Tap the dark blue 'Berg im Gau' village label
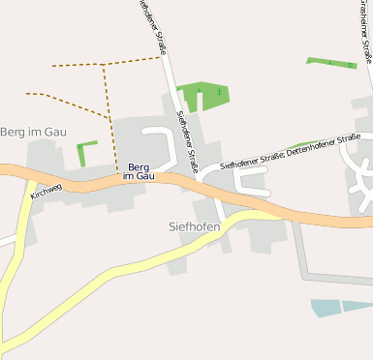pyautogui.click(x=139, y=171)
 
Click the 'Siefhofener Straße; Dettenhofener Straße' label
pyautogui.click(x=290, y=153)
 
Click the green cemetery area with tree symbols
pyautogui.click(x=202, y=95)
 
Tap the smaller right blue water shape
pyautogui.click(x=357, y=306)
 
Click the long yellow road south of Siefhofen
pyautogui.click(x=126, y=265)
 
